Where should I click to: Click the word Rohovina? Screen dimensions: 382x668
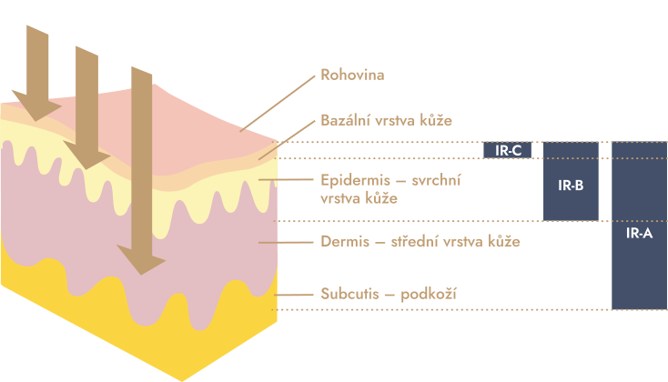(352, 75)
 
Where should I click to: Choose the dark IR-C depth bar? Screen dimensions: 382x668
(507, 150)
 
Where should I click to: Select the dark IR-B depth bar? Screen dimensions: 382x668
(571, 182)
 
